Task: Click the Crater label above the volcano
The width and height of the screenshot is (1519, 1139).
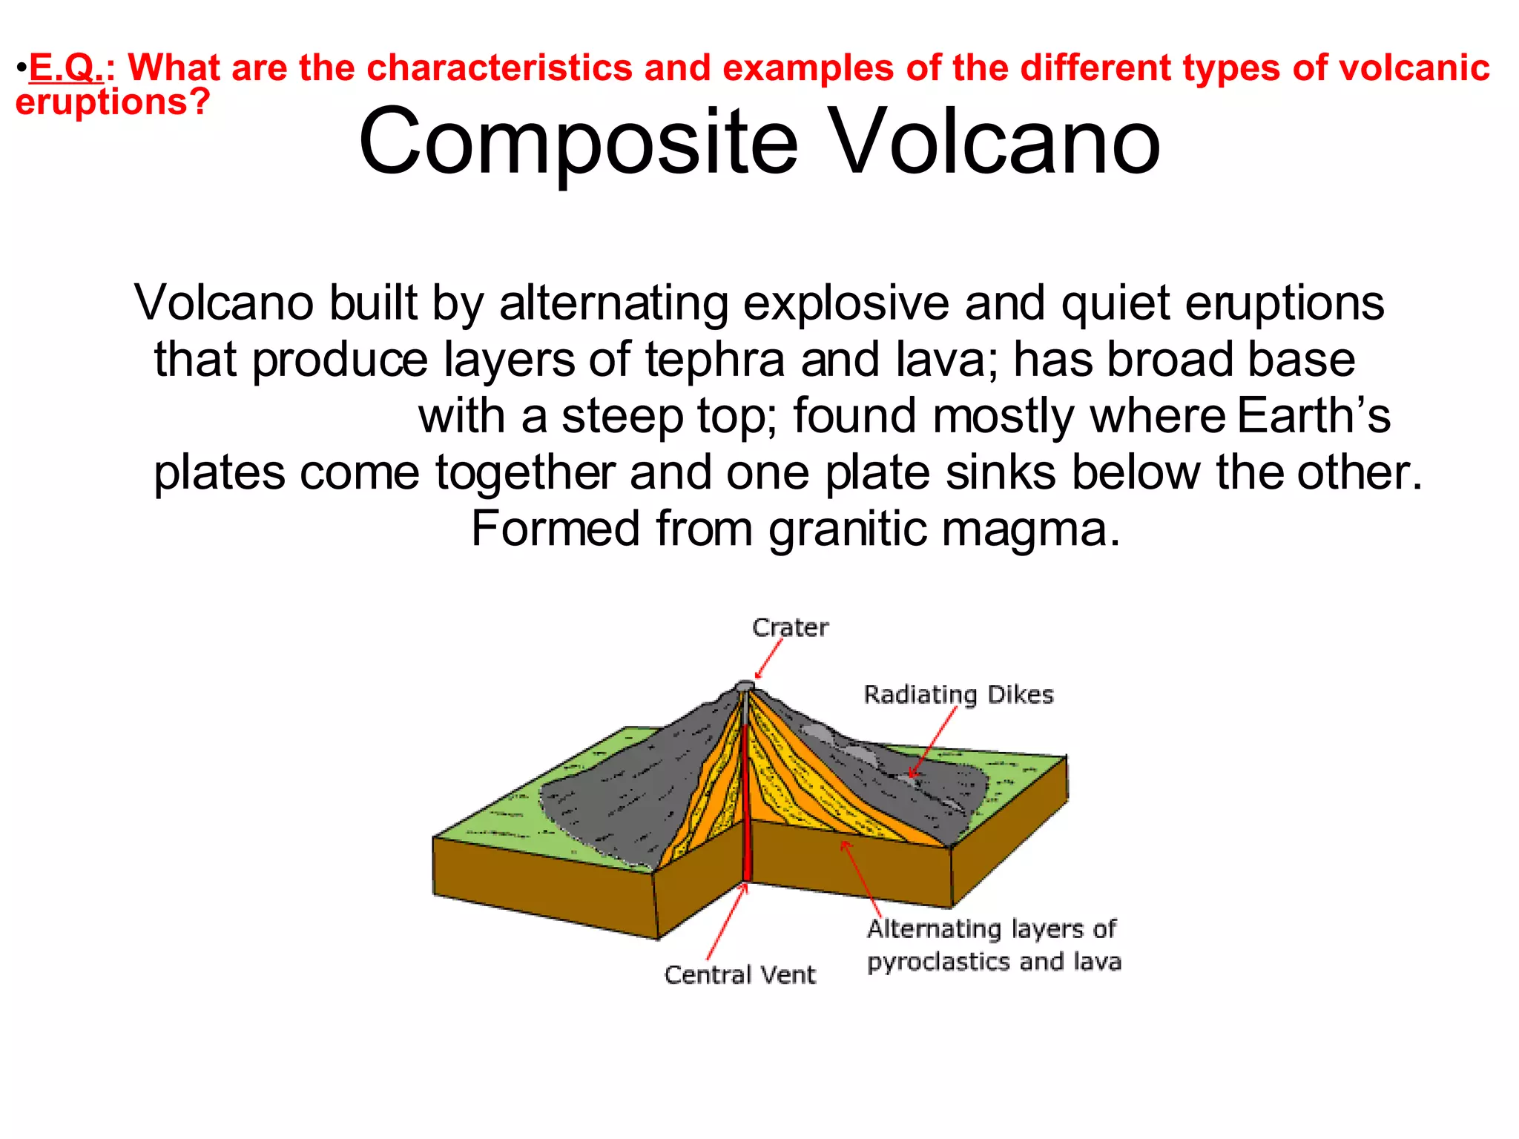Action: tap(790, 628)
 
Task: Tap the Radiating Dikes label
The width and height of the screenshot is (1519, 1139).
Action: tap(958, 695)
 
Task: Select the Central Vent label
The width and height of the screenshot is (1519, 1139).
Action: tap(739, 974)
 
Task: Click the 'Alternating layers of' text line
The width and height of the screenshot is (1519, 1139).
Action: tap(991, 928)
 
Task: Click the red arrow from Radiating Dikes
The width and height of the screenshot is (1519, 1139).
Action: tap(933, 742)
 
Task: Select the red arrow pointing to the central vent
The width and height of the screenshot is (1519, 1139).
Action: tap(725, 923)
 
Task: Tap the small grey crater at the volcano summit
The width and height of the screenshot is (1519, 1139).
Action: tap(745, 685)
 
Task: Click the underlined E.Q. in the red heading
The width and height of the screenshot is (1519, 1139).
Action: tap(65, 68)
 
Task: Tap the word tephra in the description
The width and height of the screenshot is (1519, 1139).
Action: tap(714, 360)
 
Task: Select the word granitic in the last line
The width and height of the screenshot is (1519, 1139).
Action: tap(847, 529)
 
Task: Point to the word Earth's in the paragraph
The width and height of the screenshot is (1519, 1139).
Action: tap(1314, 415)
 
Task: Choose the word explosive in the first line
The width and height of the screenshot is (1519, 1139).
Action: tap(846, 303)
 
